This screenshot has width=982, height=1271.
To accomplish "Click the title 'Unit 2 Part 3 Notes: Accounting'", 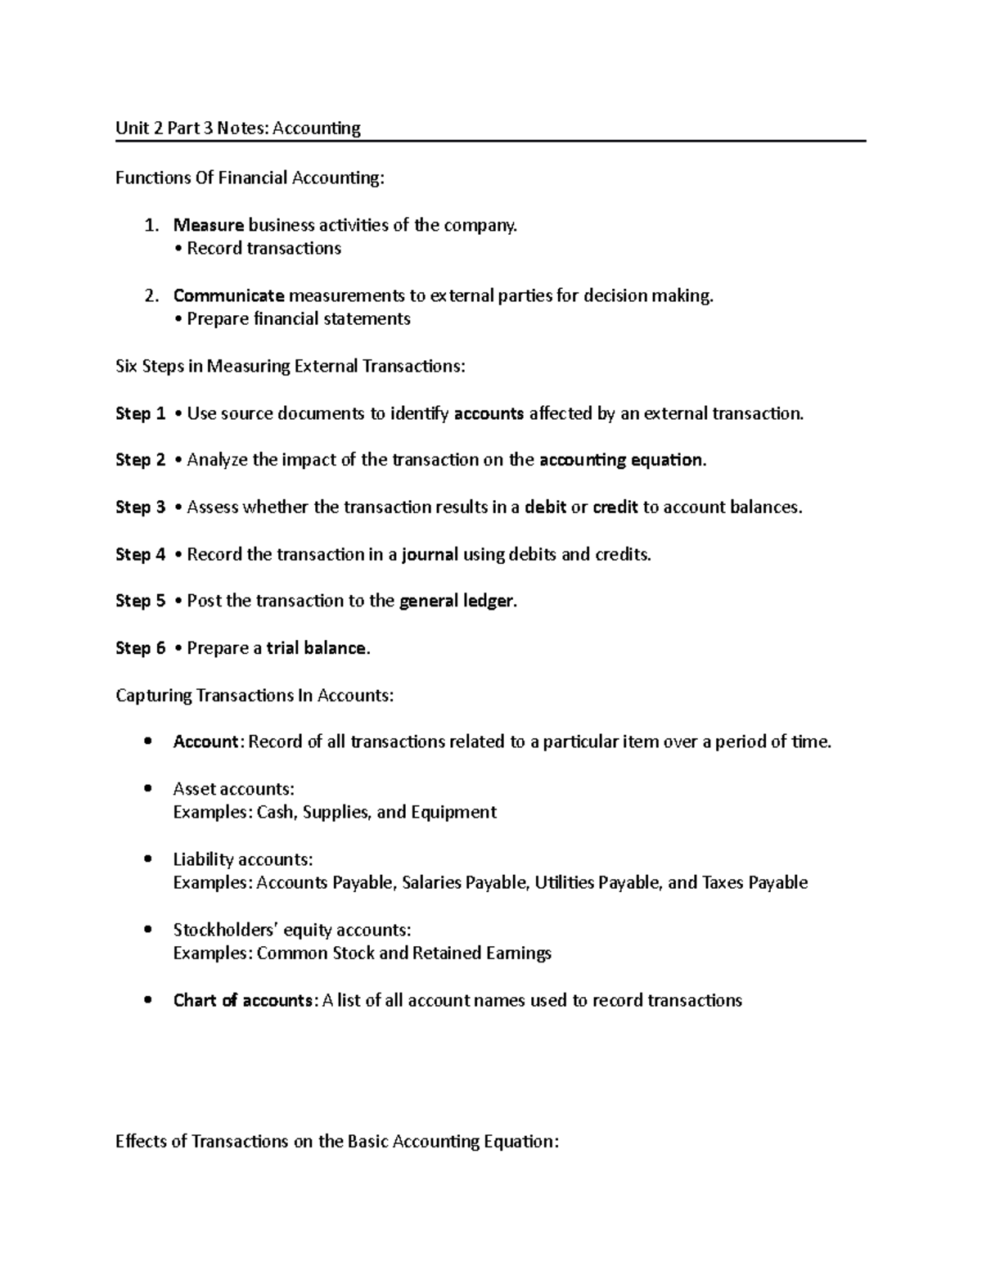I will click(237, 128).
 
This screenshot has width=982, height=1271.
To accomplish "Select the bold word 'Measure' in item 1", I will click(208, 225).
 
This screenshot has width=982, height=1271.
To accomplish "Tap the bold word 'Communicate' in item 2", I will click(228, 295).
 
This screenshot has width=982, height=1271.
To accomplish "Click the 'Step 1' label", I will click(140, 414).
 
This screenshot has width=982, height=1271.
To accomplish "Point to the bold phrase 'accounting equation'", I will click(621, 460).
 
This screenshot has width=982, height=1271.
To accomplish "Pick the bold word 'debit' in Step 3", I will click(545, 507).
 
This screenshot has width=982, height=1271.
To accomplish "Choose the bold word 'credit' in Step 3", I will click(615, 507).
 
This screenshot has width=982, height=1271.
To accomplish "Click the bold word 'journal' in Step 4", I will click(429, 555).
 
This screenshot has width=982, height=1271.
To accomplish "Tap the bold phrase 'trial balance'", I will click(317, 649).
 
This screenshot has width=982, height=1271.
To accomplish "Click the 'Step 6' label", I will click(140, 649).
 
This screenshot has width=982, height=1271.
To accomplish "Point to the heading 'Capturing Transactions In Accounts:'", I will click(255, 696).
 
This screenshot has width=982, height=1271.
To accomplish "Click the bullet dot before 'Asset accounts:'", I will click(147, 789).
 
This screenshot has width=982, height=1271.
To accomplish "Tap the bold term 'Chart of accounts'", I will click(243, 1001).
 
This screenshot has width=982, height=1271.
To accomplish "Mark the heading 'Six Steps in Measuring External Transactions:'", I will click(290, 367).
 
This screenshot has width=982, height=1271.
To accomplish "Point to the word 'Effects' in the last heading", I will click(140, 1142).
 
